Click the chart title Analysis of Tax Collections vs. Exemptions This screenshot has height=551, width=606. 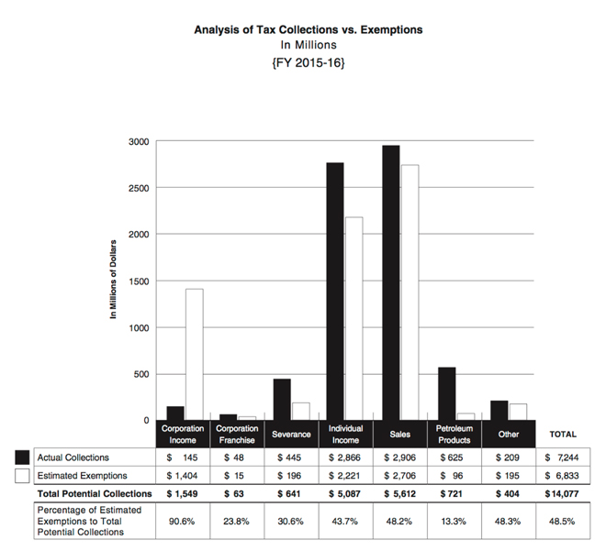click(309, 29)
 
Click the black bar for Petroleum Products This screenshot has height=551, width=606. click(446, 393)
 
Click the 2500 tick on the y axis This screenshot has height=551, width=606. click(139, 188)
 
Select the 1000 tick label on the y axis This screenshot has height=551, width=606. click(139, 327)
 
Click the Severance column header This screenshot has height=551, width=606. click(291, 434)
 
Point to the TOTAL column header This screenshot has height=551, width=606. click(562, 434)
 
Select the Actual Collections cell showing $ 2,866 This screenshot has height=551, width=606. click(345, 457)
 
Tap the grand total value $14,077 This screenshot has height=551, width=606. click(562, 494)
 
